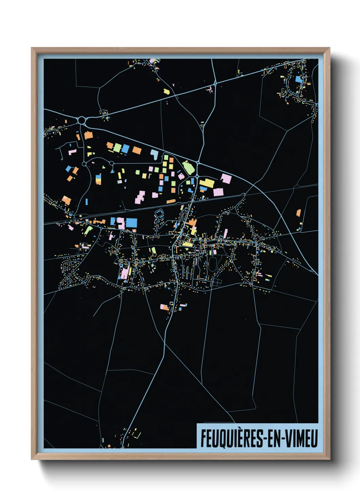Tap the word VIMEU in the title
tap(301, 438)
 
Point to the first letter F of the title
tap(203, 438)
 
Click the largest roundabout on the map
tap(82, 120)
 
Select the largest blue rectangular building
tap(131, 223)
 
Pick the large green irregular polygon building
tap(188, 167)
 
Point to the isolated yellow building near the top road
tap(166, 91)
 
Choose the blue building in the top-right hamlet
tap(298, 80)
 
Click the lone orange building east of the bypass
tap(298, 213)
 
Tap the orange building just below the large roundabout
tap(88, 135)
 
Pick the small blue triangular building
tap(112, 171)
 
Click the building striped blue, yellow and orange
tap(98, 179)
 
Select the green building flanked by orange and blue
tap(117, 148)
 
